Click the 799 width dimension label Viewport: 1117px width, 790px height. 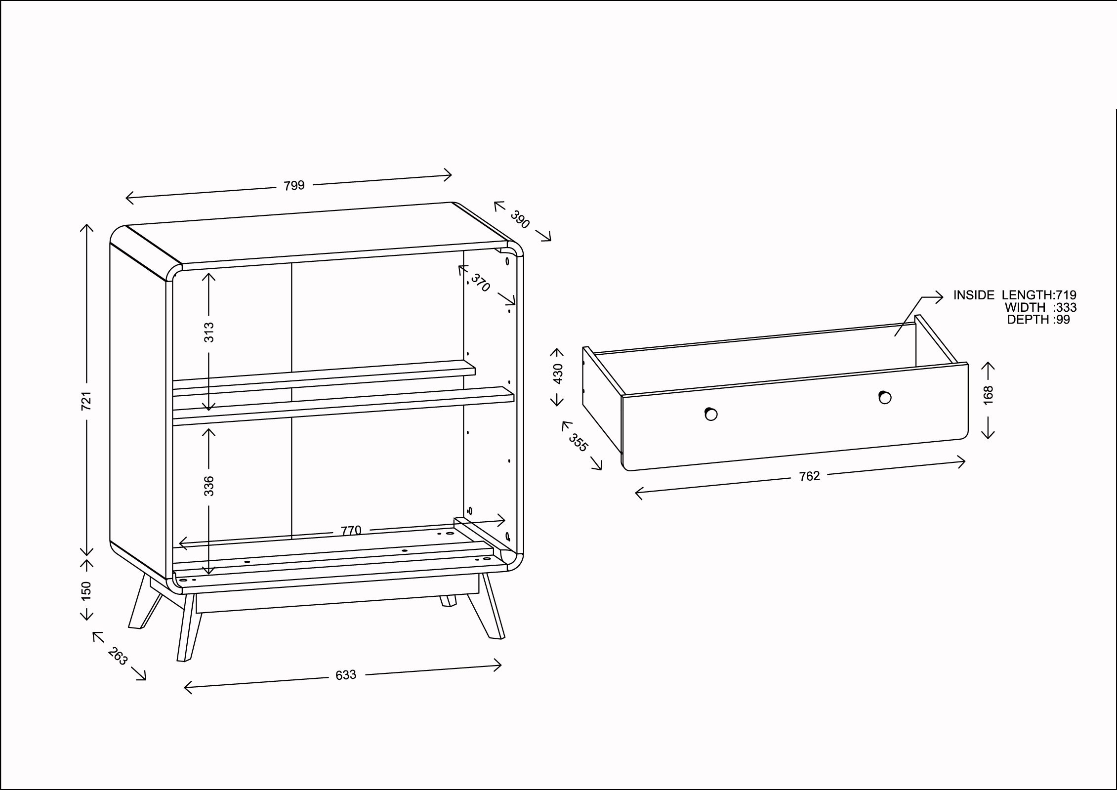(294, 186)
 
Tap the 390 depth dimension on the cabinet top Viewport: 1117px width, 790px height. (520, 219)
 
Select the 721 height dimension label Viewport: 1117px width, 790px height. (86, 401)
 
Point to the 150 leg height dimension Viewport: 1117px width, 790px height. (86, 591)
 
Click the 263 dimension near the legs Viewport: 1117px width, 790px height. (118, 656)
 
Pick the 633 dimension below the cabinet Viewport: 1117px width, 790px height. (346, 675)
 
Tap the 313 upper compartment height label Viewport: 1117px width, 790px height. (209, 332)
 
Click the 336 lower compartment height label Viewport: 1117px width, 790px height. (209, 486)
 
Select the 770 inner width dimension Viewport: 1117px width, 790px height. (351, 531)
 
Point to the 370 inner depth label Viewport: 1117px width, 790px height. (480, 283)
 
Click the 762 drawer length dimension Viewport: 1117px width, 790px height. (809, 476)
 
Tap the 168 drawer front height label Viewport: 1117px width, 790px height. (988, 395)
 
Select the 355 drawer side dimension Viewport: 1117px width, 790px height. (578, 443)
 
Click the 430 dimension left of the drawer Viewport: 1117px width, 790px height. (558, 374)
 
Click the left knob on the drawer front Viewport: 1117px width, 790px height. (711, 414)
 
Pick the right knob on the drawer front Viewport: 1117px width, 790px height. (885, 397)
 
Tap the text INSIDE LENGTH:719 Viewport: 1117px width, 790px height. (1015, 295)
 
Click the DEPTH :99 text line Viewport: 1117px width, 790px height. (1038, 320)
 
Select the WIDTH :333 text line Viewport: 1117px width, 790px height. (1040, 307)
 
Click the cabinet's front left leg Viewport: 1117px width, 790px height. (189, 627)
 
